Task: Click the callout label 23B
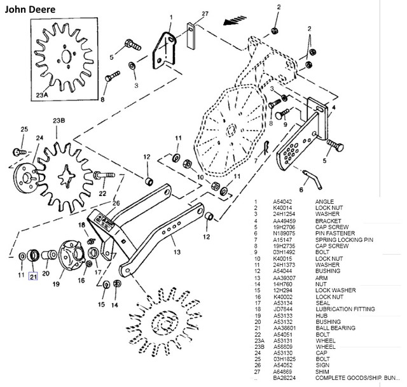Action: [59, 120]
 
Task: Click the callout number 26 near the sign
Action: [116, 204]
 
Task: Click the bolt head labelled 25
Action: [19, 151]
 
